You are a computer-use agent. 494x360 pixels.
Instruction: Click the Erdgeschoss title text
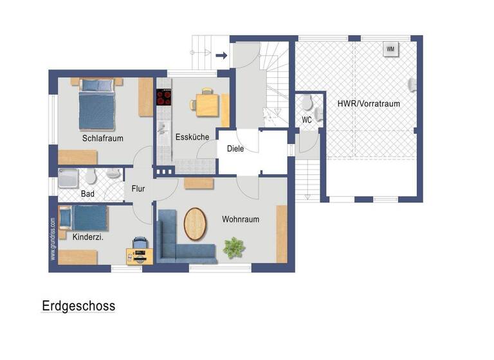(78, 305)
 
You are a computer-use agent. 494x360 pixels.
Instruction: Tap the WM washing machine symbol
(390, 49)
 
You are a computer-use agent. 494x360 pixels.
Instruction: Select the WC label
(307, 120)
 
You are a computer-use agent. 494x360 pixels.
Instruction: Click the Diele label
(235, 148)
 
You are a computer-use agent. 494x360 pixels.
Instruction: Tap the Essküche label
(192, 136)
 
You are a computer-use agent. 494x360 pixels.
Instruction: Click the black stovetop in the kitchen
(164, 97)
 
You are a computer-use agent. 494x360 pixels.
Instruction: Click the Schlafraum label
(102, 138)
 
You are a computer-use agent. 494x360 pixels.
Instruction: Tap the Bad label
(87, 194)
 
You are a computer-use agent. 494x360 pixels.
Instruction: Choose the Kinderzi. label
(88, 237)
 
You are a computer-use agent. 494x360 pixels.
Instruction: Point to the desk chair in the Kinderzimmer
(140, 243)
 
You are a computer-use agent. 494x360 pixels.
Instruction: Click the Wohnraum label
(241, 219)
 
